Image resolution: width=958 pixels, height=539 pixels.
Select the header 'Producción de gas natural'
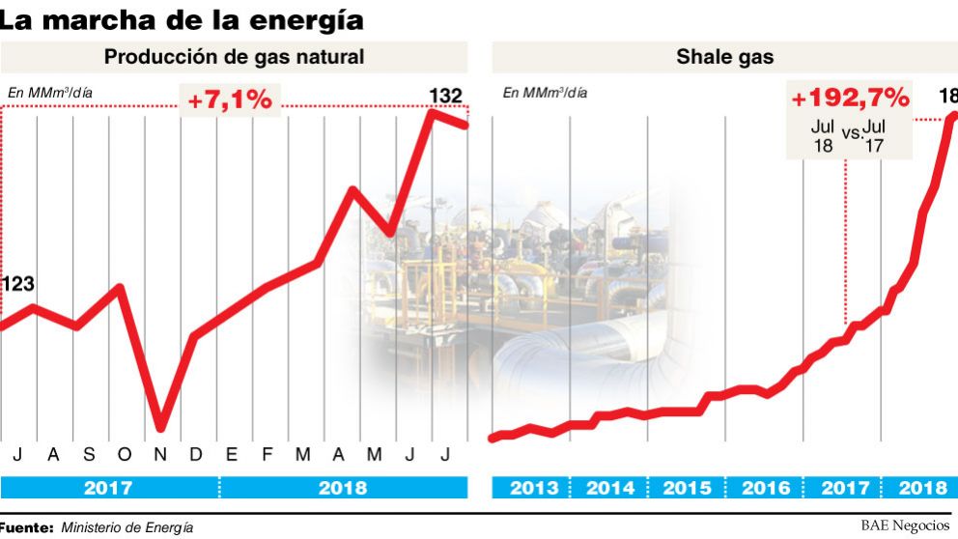(235, 57)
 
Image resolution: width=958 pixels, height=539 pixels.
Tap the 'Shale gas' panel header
(724, 57)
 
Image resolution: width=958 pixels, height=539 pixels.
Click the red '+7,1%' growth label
(231, 99)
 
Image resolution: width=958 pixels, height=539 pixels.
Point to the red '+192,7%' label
(850, 98)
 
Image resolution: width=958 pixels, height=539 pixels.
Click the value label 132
(445, 95)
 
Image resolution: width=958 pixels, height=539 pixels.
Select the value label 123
(17, 284)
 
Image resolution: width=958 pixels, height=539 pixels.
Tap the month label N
(160, 454)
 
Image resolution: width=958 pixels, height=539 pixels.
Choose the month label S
(89, 454)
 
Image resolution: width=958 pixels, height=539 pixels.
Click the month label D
(195, 454)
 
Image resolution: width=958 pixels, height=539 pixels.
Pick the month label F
(268, 454)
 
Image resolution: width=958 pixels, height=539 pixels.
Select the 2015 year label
(687, 488)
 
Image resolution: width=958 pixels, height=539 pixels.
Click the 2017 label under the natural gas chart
(109, 488)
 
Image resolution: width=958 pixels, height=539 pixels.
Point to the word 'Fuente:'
(27, 527)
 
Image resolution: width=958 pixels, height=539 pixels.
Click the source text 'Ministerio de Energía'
(127, 527)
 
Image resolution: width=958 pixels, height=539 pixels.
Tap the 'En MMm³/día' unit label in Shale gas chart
(544, 93)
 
